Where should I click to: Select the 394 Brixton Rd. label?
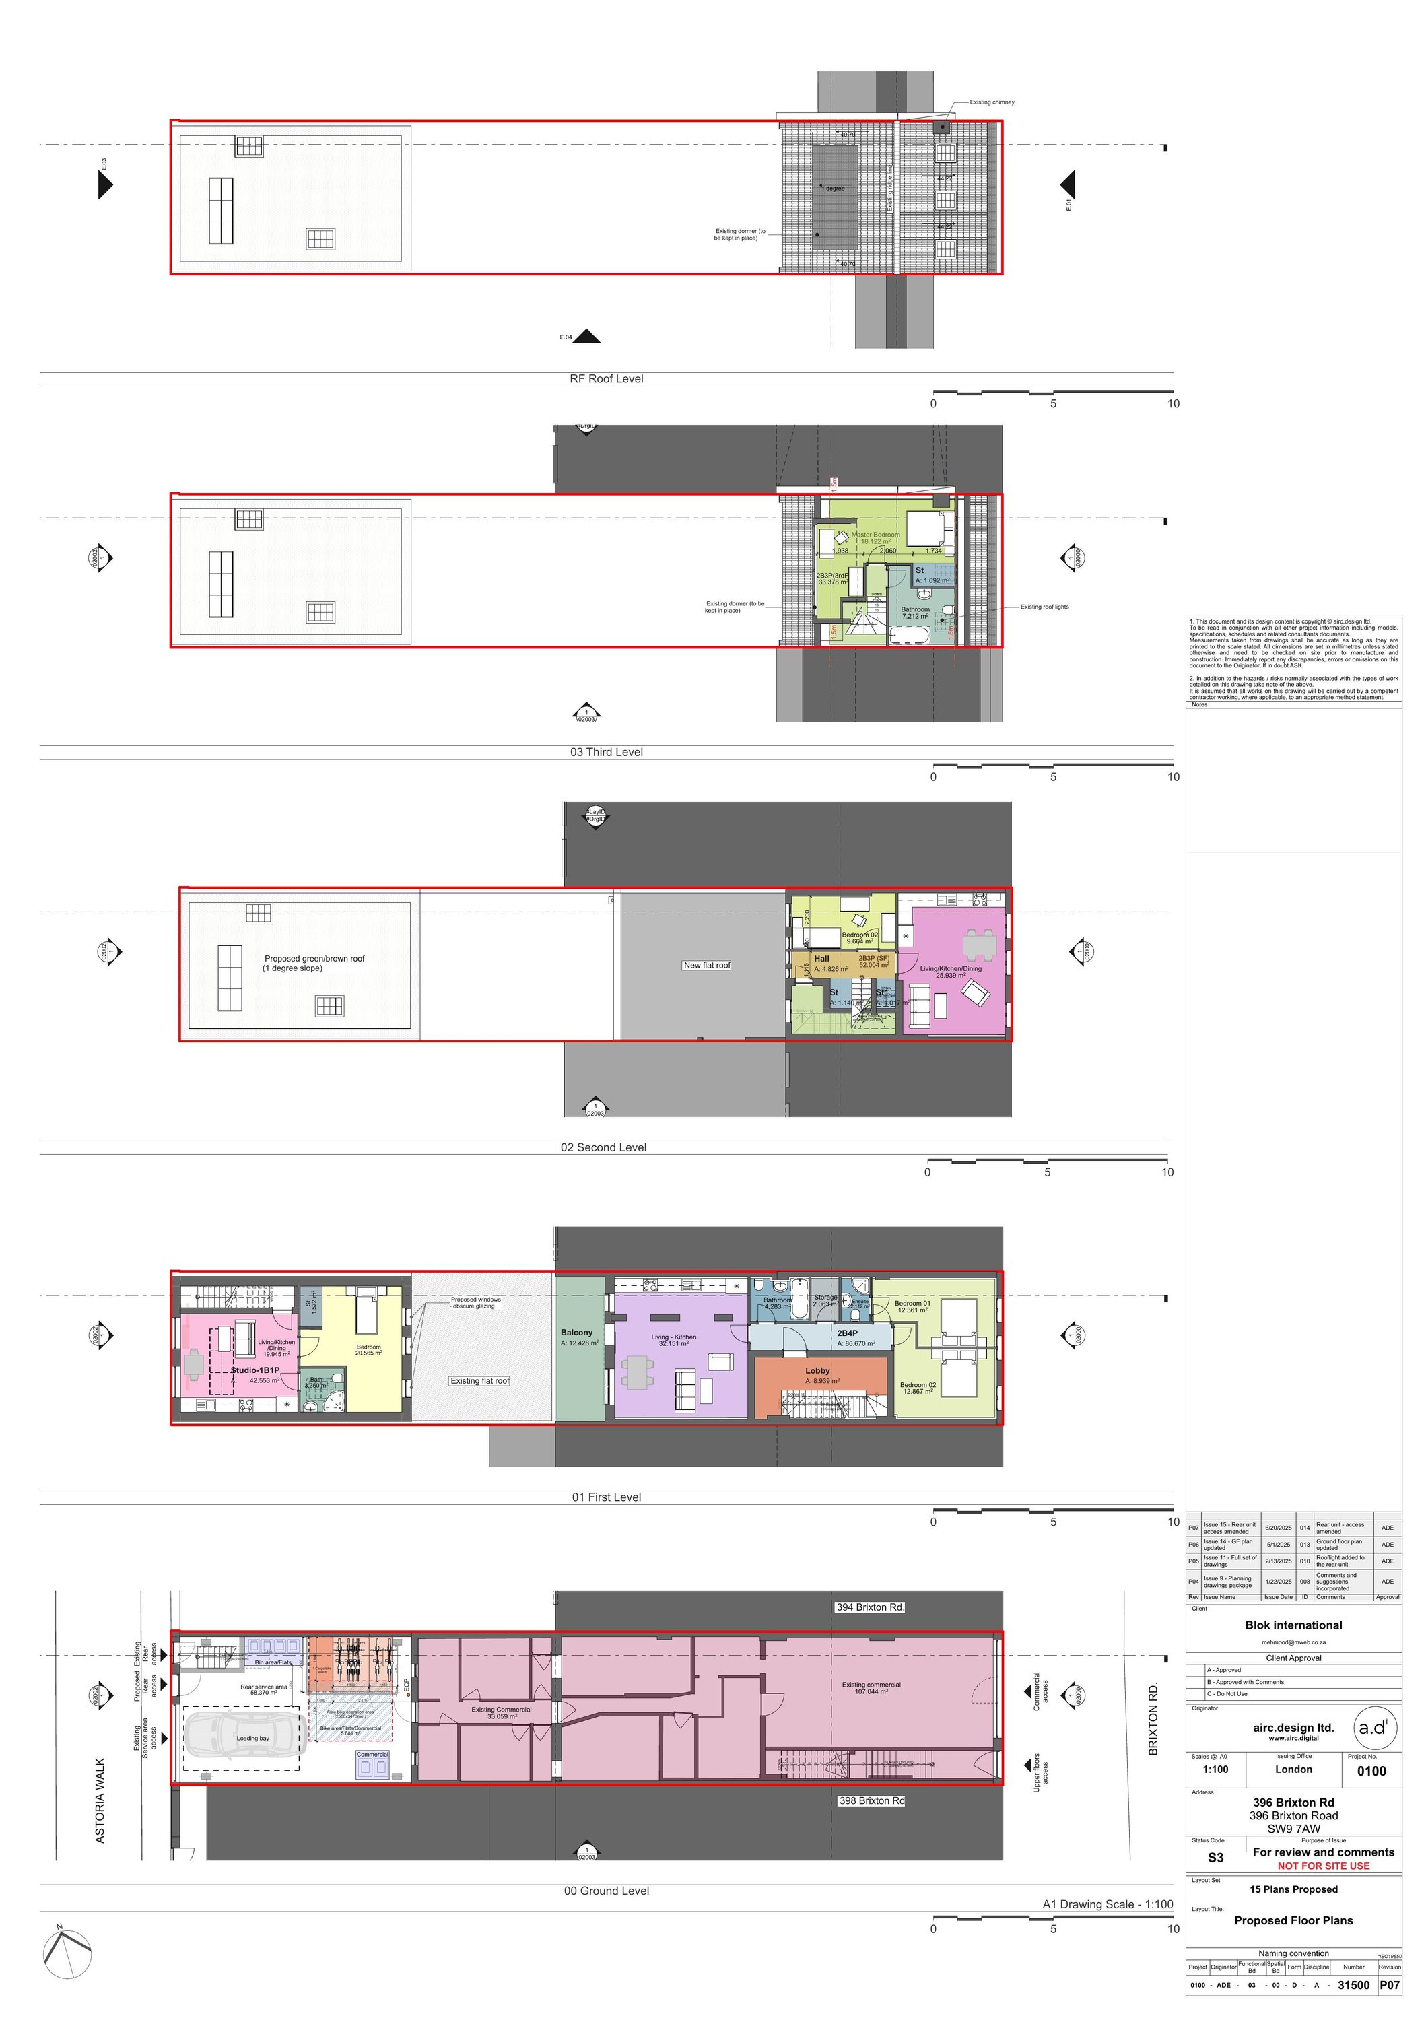[x=869, y=1607]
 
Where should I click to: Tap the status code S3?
[x=1215, y=1857]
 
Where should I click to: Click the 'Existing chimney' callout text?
[x=992, y=102]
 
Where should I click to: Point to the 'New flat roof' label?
[x=706, y=965]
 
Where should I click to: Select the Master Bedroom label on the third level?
[x=875, y=535]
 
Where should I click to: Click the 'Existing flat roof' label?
[x=479, y=1380]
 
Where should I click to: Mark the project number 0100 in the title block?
[x=1371, y=1770]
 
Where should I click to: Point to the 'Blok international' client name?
[x=1293, y=1625]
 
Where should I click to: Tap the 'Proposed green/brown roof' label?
[x=314, y=959]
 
